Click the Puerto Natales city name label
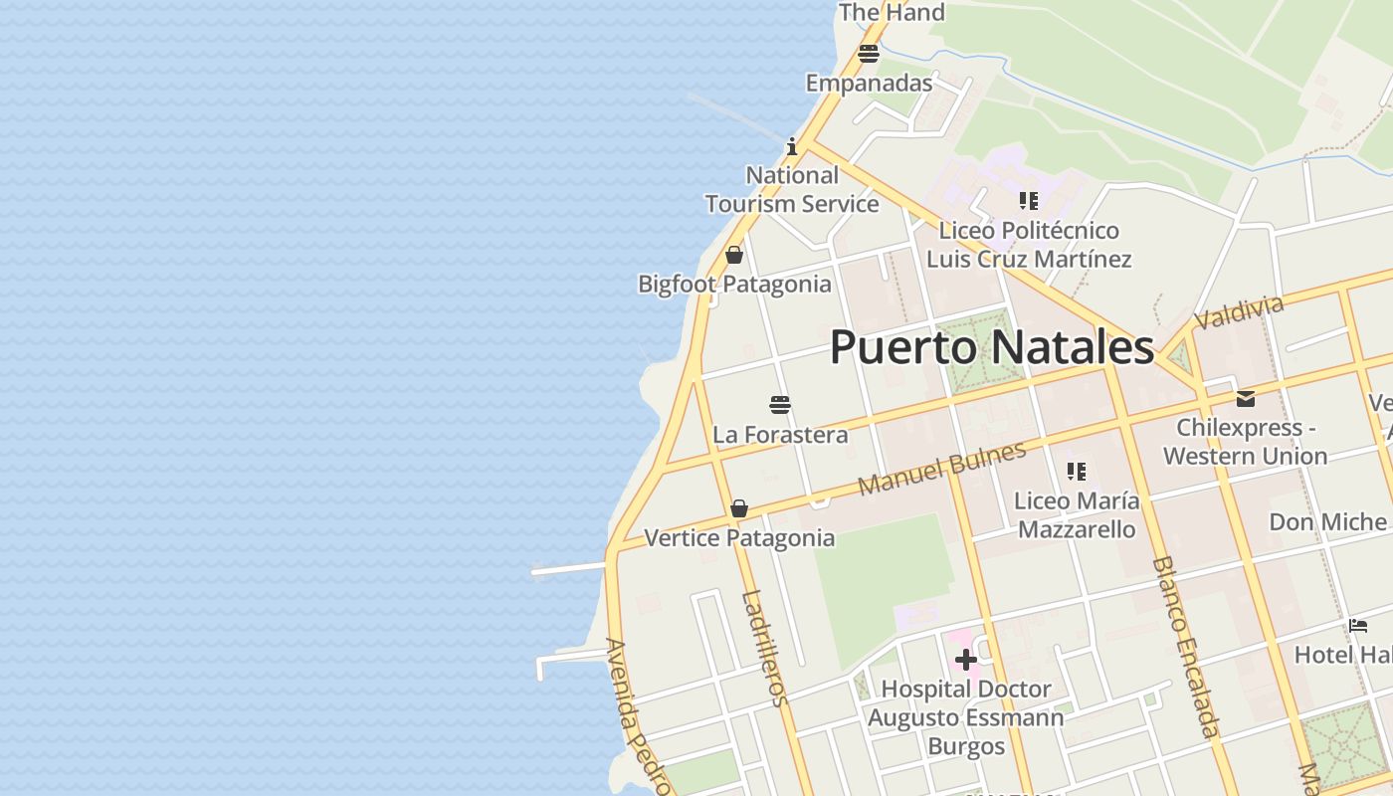click(992, 348)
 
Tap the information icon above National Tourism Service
click(792, 146)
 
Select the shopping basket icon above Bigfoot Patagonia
click(734, 255)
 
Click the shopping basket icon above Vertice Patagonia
click(739, 508)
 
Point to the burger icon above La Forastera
click(780, 405)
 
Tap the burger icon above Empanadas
click(869, 54)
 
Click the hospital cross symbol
click(965, 660)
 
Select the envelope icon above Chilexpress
click(1246, 399)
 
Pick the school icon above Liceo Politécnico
click(1029, 201)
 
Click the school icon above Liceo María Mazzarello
click(1076, 471)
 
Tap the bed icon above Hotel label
click(1358, 626)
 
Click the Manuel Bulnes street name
click(941, 469)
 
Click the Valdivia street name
click(1239, 311)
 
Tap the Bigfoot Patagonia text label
click(734, 285)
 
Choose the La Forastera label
click(780, 435)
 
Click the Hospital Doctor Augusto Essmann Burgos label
click(965, 717)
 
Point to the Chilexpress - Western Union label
click(1246, 442)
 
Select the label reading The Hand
click(892, 13)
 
